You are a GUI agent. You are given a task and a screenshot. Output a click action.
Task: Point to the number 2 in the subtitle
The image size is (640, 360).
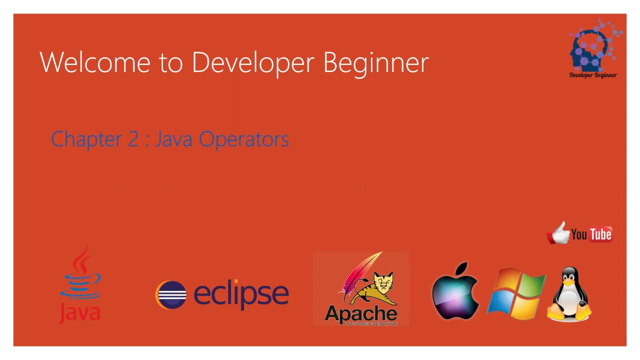coord(133,139)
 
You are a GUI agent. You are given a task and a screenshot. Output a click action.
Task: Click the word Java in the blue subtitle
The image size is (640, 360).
coord(173,139)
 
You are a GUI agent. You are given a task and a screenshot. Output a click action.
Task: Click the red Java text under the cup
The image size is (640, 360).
coord(80,312)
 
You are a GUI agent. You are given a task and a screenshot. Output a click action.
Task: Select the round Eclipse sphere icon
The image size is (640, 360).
coord(171,294)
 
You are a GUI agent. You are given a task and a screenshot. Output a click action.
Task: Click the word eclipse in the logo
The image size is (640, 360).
coord(240,294)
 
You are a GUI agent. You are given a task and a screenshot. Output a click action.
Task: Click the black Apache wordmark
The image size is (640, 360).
coord(360,314)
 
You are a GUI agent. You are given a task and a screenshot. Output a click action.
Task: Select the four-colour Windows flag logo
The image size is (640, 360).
coord(516,293)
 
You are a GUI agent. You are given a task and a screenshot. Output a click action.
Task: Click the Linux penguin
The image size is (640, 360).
coord(569,294)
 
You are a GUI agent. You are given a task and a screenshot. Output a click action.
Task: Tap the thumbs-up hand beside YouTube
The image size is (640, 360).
coord(559,233)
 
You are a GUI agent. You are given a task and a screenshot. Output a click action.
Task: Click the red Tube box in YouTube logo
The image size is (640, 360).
coord(600,234)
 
